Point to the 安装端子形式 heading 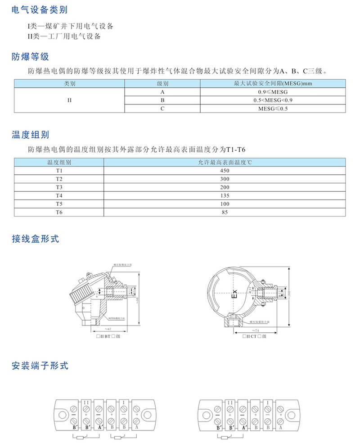(40, 366)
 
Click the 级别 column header (162, 84)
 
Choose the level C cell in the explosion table (162, 109)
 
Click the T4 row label (59, 195)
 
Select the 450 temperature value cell (225, 171)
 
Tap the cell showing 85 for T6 (225, 212)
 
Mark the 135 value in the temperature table (225, 195)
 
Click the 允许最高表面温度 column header (225, 163)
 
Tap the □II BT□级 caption (107, 336)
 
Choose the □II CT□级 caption (255, 336)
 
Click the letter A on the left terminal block (136, 427)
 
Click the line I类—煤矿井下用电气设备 (70, 26)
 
